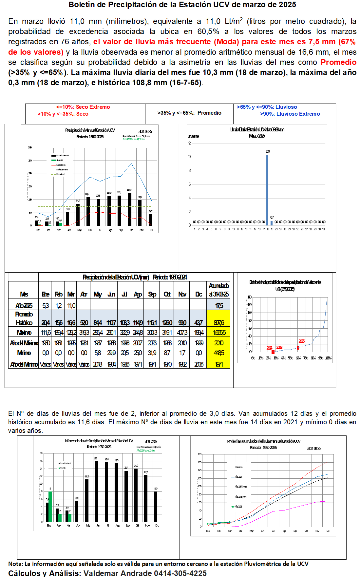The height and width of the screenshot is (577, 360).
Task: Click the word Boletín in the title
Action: pyautogui.click(x=81, y=5)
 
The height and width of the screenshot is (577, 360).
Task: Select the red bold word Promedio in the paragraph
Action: pyautogui.click(x=338, y=62)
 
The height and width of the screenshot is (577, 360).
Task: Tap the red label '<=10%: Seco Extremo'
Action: pyautogui.click(x=83, y=107)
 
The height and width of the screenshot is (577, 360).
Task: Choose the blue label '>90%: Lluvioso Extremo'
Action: pyautogui.click(x=290, y=114)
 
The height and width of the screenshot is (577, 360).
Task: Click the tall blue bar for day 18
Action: pyautogui.click(x=267, y=190)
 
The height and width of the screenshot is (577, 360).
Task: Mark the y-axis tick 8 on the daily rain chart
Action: pyautogui.click(x=189, y=171)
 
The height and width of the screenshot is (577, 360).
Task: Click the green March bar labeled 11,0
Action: pyautogui.click(x=60, y=224)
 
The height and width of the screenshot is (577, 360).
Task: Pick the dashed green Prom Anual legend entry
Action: pyautogui.click(x=58, y=174)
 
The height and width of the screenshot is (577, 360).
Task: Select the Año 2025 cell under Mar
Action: pyautogui.click(x=71, y=306)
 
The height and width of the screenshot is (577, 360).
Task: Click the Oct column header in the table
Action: pyautogui.click(x=167, y=294)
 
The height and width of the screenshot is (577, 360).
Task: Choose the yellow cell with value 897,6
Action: pyautogui.click(x=218, y=323)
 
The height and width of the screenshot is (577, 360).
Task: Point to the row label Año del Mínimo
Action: pyautogui.click(x=24, y=364)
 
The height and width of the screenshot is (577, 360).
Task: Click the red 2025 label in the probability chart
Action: pyautogui.click(x=301, y=341)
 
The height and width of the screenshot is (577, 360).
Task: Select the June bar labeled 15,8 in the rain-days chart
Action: pyautogui.click(x=97, y=491)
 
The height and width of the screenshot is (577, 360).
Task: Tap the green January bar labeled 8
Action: pyautogui.click(x=50, y=507)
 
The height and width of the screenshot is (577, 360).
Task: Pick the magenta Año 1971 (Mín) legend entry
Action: pyautogui.click(x=240, y=497)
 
